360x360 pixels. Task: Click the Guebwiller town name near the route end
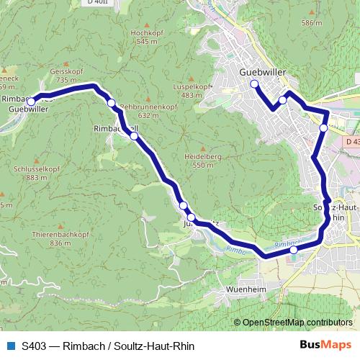(262, 73)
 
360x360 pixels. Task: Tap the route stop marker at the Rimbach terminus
(32, 102)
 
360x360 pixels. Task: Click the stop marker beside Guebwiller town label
(254, 84)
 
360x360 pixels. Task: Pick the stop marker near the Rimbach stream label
(293, 250)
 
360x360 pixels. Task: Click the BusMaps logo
(324, 345)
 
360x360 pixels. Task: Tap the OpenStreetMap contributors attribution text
(297, 323)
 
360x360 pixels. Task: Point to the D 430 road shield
(352, 142)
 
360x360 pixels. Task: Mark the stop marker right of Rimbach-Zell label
(134, 135)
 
